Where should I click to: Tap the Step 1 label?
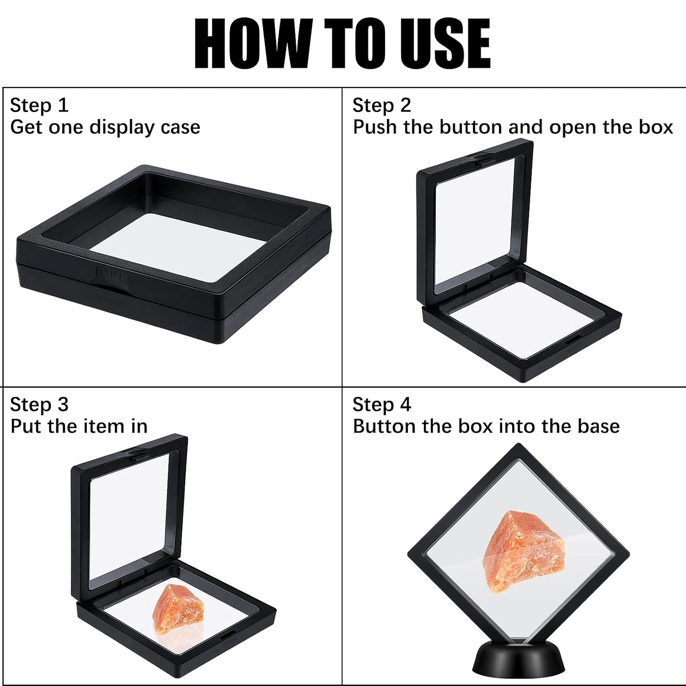[x=39, y=105]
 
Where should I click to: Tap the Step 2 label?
[x=381, y=105]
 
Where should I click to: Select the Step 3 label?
[x=39, y=405]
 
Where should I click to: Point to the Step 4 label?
[x=381, y=405]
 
